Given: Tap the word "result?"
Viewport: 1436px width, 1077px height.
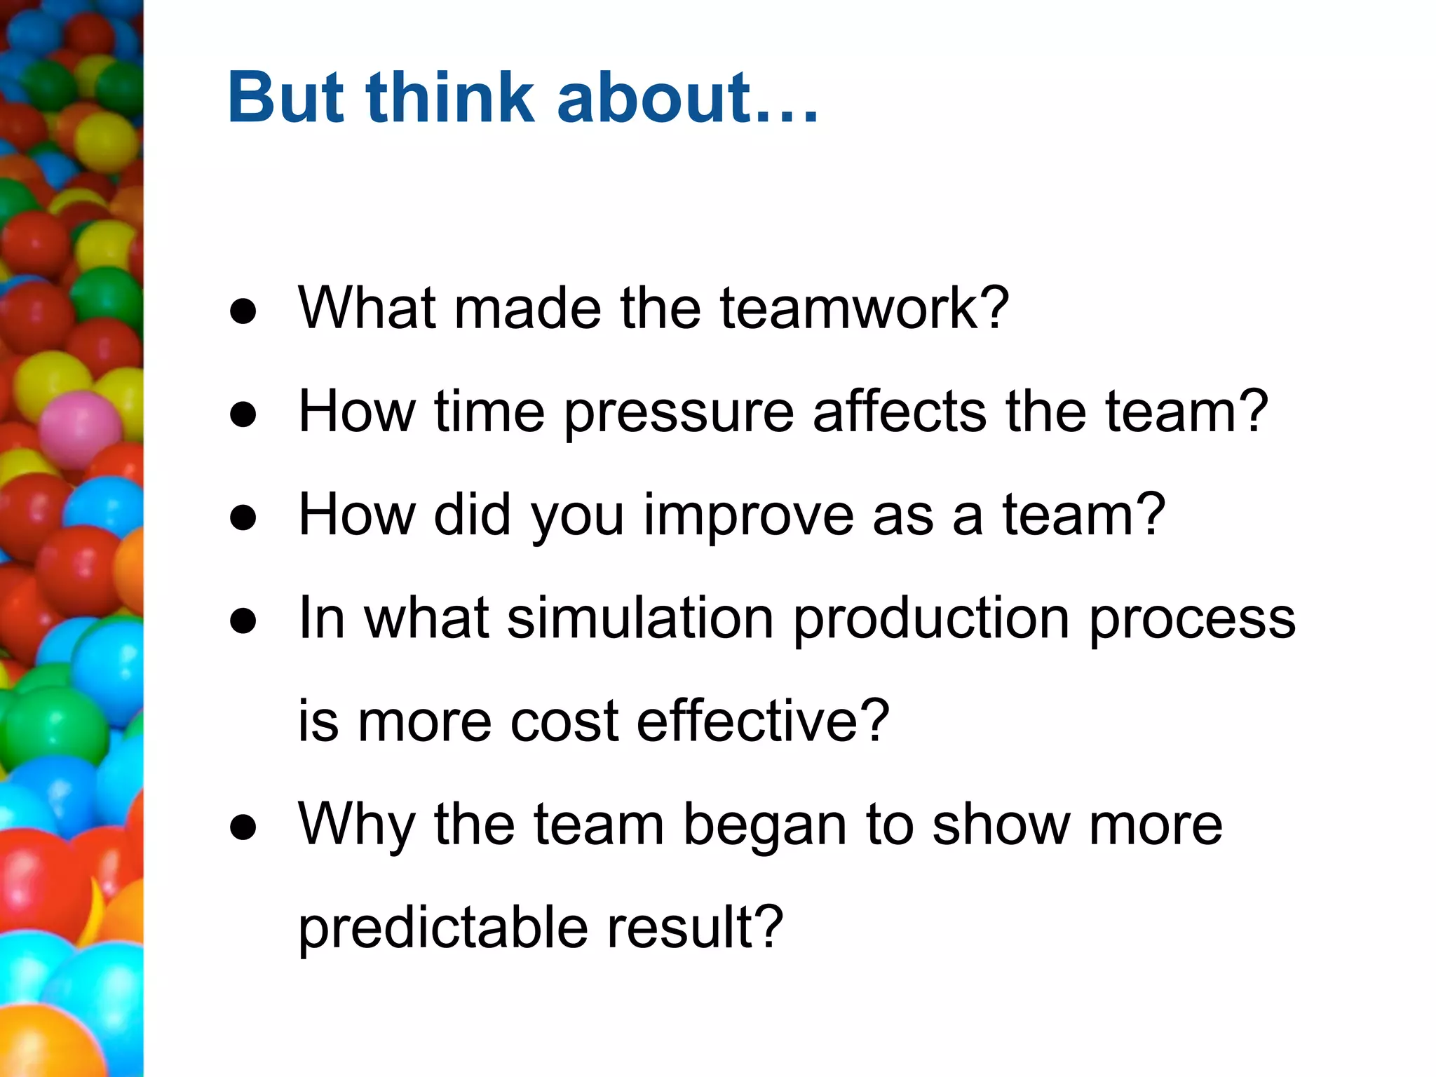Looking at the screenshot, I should pos(694,928).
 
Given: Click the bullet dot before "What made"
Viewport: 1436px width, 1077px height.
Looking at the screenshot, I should pos(243,312).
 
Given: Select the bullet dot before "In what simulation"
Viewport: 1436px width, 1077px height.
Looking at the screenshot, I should pos(243,621).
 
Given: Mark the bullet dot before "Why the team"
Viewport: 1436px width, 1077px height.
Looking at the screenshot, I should pos(243,827).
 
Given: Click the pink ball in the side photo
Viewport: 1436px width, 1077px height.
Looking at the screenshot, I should pos(79,429).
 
